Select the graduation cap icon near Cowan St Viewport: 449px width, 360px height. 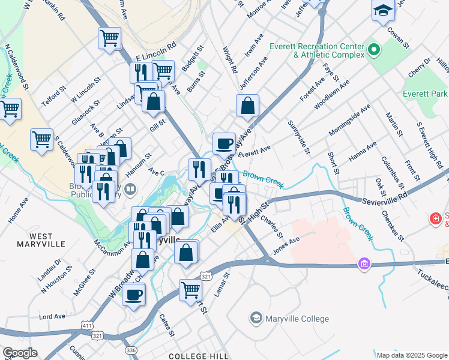click(383, 10)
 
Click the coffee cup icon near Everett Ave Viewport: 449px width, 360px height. click(224, 143)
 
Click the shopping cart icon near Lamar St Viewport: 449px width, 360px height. click(191, 290)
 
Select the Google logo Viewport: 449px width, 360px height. click(20, 353)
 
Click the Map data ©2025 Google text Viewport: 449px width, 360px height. click(411, 355)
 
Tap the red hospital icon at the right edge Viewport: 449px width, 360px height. click(435, 220)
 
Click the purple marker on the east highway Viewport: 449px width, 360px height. click(363, 263)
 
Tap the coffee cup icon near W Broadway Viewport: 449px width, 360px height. click(134, 295)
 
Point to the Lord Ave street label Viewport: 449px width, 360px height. click(52, 316)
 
